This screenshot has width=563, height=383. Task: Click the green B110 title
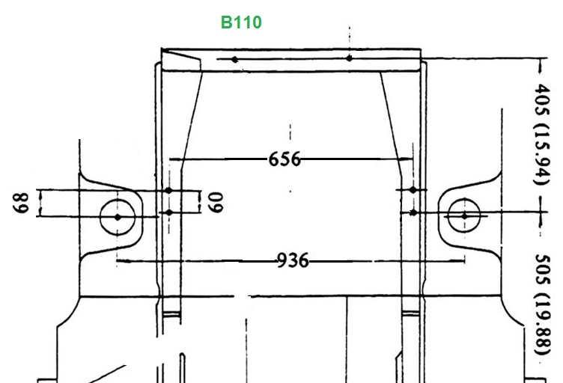(241, 22)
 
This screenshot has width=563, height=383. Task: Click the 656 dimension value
(284, 159)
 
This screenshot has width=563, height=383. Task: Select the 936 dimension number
(293, 261)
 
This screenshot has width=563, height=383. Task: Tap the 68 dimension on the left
(21, 203)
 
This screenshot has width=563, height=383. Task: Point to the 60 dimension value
(216, 202)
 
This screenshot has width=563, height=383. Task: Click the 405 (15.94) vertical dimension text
(542, 134)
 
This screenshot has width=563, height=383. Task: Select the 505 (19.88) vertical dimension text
(542, 304)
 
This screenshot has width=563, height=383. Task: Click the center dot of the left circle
(118, 217)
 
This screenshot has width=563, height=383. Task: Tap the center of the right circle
(464, 216)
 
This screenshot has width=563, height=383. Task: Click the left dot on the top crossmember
(234, 60)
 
